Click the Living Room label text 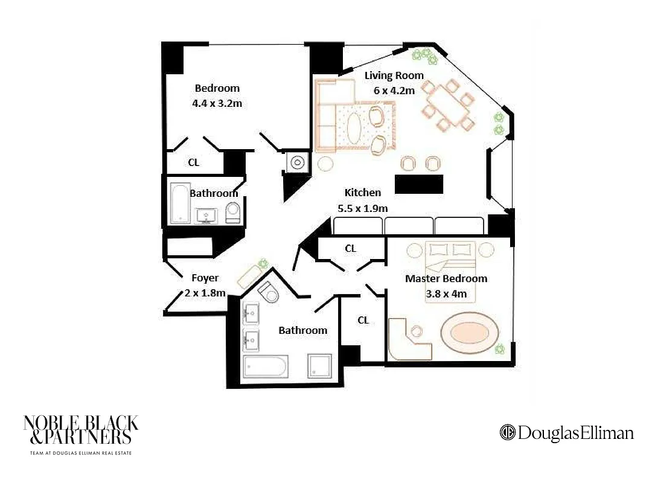tap(394, 75)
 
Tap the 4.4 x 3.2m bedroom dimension tap(217, 103)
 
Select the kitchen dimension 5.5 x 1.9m tap(362, 208)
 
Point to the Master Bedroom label tap(446, 278)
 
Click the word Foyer tap(205, 278)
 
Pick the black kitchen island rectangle tap(418, 184)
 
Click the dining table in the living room tap(446, 103)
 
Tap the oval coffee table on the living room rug tap(354, 127)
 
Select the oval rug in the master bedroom tap(471, 333)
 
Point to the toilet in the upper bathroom tap(232, 212)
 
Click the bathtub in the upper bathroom tap(180, 203)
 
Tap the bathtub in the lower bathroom tap(266, 367)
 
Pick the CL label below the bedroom tap(193, 162)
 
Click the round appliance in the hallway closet tap(297, 162)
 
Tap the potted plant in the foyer tap(263, 263)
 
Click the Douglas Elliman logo tap(566, 433)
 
